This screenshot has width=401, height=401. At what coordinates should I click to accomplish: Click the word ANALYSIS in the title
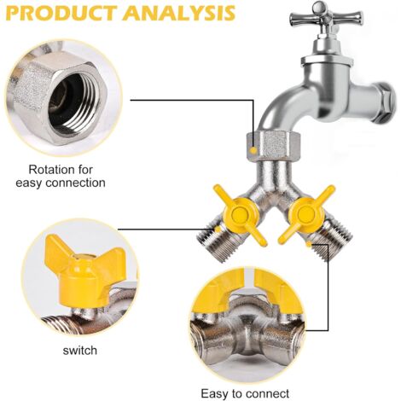179,13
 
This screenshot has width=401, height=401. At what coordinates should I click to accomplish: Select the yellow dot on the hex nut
253,149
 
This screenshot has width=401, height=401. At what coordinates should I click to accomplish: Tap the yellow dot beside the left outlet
217,229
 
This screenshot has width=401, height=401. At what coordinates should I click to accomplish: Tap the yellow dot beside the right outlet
308,244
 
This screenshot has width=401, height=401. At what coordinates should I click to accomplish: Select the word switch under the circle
80,350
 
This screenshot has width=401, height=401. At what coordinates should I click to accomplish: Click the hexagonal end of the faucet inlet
385,100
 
